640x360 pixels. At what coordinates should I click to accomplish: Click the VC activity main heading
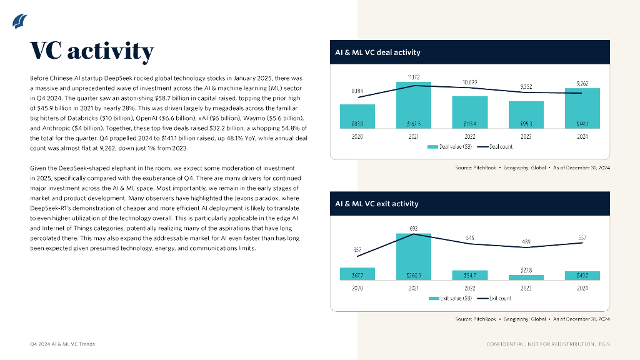(x=92, y=51)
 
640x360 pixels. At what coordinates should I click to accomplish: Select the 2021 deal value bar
(x=414, y=107)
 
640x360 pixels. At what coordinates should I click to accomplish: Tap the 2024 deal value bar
(x=582, y=108)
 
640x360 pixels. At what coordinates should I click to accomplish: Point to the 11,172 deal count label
(x=414, y=77)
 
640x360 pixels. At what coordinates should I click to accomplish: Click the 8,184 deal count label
(x=357, y=91)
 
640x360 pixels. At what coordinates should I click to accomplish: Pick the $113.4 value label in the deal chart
(x=470, y=123)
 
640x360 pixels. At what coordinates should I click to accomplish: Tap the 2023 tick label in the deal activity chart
(x=526, y=136)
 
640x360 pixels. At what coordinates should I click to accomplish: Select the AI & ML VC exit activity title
(x=377, y=204)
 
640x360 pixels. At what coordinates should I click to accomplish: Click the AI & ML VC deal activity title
(x=378, y=52)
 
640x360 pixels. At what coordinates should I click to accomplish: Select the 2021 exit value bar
(x=414, y=256)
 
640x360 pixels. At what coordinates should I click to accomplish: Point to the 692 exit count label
(x=414, y=229)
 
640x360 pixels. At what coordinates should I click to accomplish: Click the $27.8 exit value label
(x=526, y=269)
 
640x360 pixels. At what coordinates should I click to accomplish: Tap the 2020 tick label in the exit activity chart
(x=357, y=288)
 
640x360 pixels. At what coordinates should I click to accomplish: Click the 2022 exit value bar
(x=470, y=274)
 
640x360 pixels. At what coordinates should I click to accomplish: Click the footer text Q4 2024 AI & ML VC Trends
(x=62, y=344)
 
